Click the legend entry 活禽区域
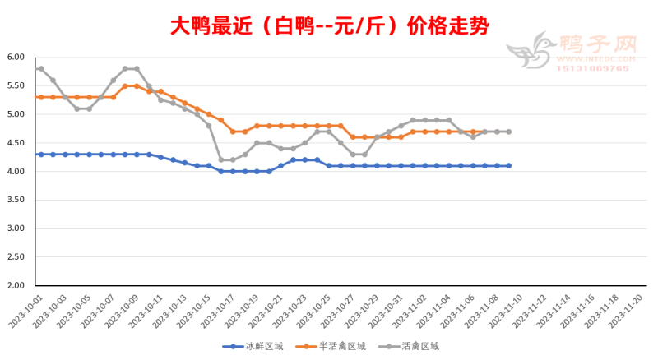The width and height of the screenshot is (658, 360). point(411,346)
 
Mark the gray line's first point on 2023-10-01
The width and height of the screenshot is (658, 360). point(40,68)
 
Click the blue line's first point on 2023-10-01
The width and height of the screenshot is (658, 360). point(40,155)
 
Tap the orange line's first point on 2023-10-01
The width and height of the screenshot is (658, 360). point(40,97)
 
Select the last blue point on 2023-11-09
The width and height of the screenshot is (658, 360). point(508,165)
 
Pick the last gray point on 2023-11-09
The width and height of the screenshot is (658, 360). point(508,132)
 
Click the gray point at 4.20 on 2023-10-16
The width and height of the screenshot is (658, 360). point(220,159)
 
